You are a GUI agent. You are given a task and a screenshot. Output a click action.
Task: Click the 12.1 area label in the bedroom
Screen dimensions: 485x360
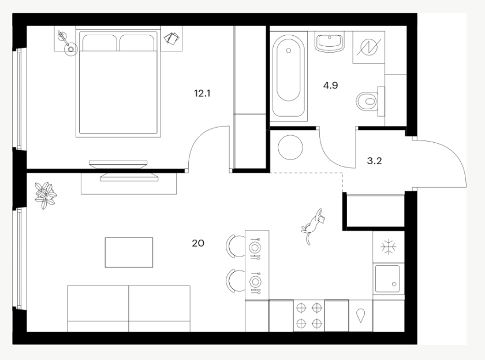pyautogui.click(x=202, y=93)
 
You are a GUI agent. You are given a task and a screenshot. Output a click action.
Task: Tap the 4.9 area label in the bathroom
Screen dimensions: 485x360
pyautogui.click(x=330, y=85)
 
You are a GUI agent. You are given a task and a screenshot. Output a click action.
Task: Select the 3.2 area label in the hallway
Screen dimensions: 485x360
pyautogui.click(x=374, y=161)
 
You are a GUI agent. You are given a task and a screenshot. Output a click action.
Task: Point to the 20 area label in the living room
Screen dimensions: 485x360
pyautogui.click(x=198, y=243)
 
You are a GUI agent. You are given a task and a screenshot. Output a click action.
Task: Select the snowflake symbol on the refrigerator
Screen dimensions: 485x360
pyautogui.click(x=389, y=247)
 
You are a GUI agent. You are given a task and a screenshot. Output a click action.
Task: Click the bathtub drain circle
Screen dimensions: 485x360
pyautogui.click(x=289, y=51)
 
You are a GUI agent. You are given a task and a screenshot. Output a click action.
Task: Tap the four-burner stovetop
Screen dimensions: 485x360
pyautogui.click(x=309, y=316)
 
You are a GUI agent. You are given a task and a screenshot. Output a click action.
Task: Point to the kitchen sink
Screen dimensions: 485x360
pyautogui.click(x=389, y=279)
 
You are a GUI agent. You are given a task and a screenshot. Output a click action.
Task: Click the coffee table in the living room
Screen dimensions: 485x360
pyautogui.click(x=129, y=253)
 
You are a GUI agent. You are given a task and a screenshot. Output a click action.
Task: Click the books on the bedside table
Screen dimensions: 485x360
pyautogui.click(x=171, y=38)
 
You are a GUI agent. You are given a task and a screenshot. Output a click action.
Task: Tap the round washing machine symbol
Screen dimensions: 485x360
pyautogui.click(x=290, y=147)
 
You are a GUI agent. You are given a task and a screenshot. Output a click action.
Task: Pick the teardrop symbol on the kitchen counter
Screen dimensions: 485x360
pyautogui.click(x=361, y=316)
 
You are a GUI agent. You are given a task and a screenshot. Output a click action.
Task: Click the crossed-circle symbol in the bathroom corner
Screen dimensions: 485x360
pyautogui.click(x=369, y=47)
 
